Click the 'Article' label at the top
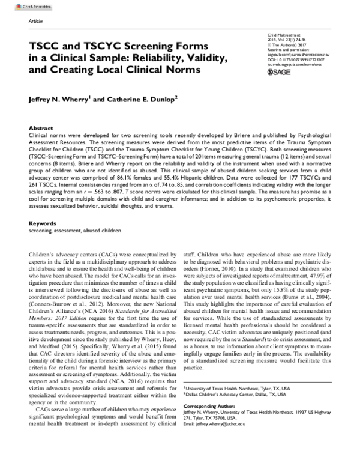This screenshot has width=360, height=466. point(36,20)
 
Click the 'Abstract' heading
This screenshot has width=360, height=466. point(40,129)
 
